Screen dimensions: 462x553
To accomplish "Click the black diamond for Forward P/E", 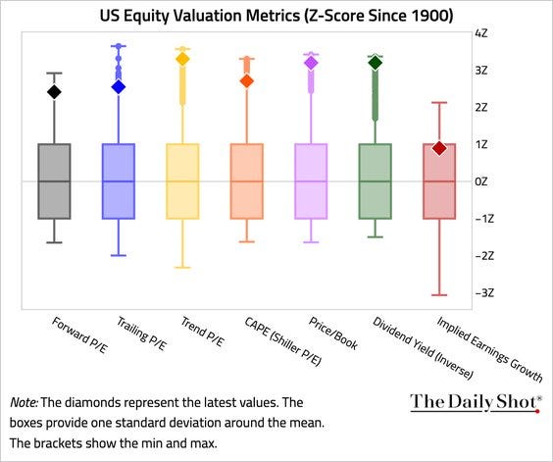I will tap(55, 92).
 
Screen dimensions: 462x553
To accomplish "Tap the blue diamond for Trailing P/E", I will tap(118, 86).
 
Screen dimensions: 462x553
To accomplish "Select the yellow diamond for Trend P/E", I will tap(182, 59).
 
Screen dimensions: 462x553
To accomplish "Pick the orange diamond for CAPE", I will tap(247, 80).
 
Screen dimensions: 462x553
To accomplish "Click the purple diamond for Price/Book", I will tap(311, 63).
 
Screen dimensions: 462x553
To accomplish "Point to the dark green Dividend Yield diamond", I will tap(375, 63).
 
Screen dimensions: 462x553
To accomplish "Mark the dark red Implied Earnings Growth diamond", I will tap(440, 148).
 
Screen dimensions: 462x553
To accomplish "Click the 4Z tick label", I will tap(482, 32).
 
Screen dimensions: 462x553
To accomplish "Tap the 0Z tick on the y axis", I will tap(482, 181).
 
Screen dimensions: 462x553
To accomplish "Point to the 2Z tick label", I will tap(482, 107).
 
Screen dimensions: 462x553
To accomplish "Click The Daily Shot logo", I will tap(476, 401).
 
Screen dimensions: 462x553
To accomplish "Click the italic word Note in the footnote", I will tap(25, 403).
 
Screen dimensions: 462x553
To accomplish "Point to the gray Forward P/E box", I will tap(55, 181).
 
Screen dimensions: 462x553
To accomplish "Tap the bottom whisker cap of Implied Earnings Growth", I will tap(440, 294).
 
